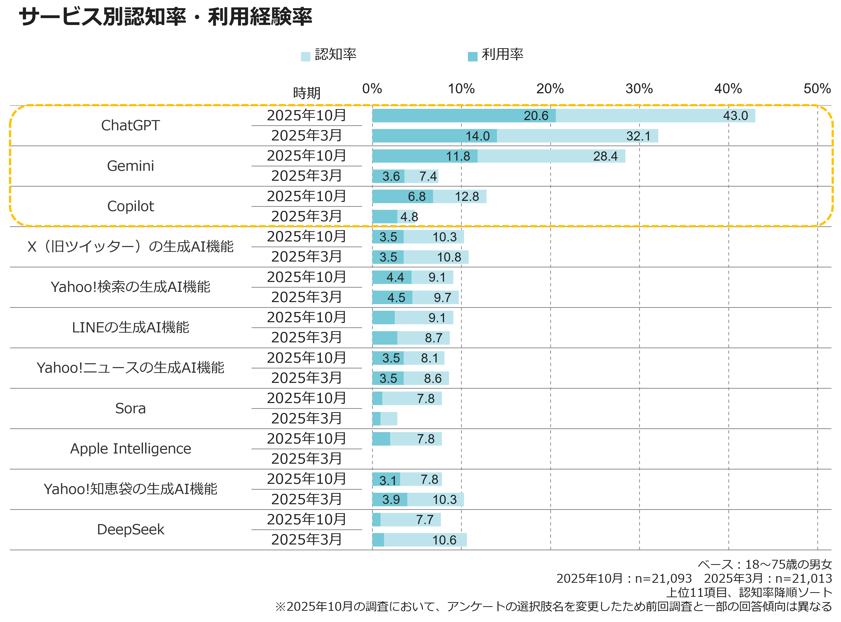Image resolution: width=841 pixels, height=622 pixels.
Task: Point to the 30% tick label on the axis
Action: [639, 89]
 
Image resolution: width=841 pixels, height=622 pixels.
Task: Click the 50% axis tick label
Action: [817, 89]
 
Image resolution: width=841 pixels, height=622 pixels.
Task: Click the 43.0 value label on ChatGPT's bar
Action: [735, 115]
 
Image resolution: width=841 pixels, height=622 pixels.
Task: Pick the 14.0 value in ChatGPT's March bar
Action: [477, 136]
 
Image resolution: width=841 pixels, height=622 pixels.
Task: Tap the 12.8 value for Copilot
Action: [467, 197]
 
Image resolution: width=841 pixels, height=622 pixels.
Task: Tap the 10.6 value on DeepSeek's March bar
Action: [444, 540]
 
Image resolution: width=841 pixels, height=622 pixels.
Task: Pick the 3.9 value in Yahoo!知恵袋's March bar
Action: [391, 500]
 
